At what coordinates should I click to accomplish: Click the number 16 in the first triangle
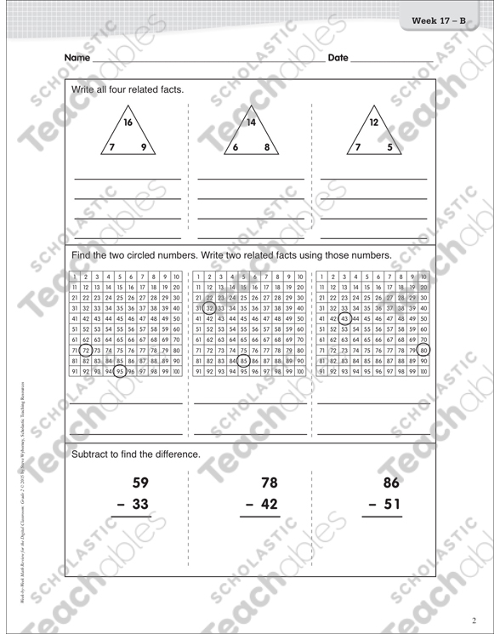coord(128,123)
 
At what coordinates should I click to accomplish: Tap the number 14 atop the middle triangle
coord(251,123)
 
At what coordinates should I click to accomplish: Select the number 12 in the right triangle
coord(373,123)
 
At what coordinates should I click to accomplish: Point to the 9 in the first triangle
coord(144,147)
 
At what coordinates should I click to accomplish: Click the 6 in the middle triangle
coord(236,147)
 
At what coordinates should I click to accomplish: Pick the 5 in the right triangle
coord(389,147)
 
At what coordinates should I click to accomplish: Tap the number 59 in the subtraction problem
coord(140,483)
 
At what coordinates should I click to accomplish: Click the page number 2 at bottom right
coord(474,620)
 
